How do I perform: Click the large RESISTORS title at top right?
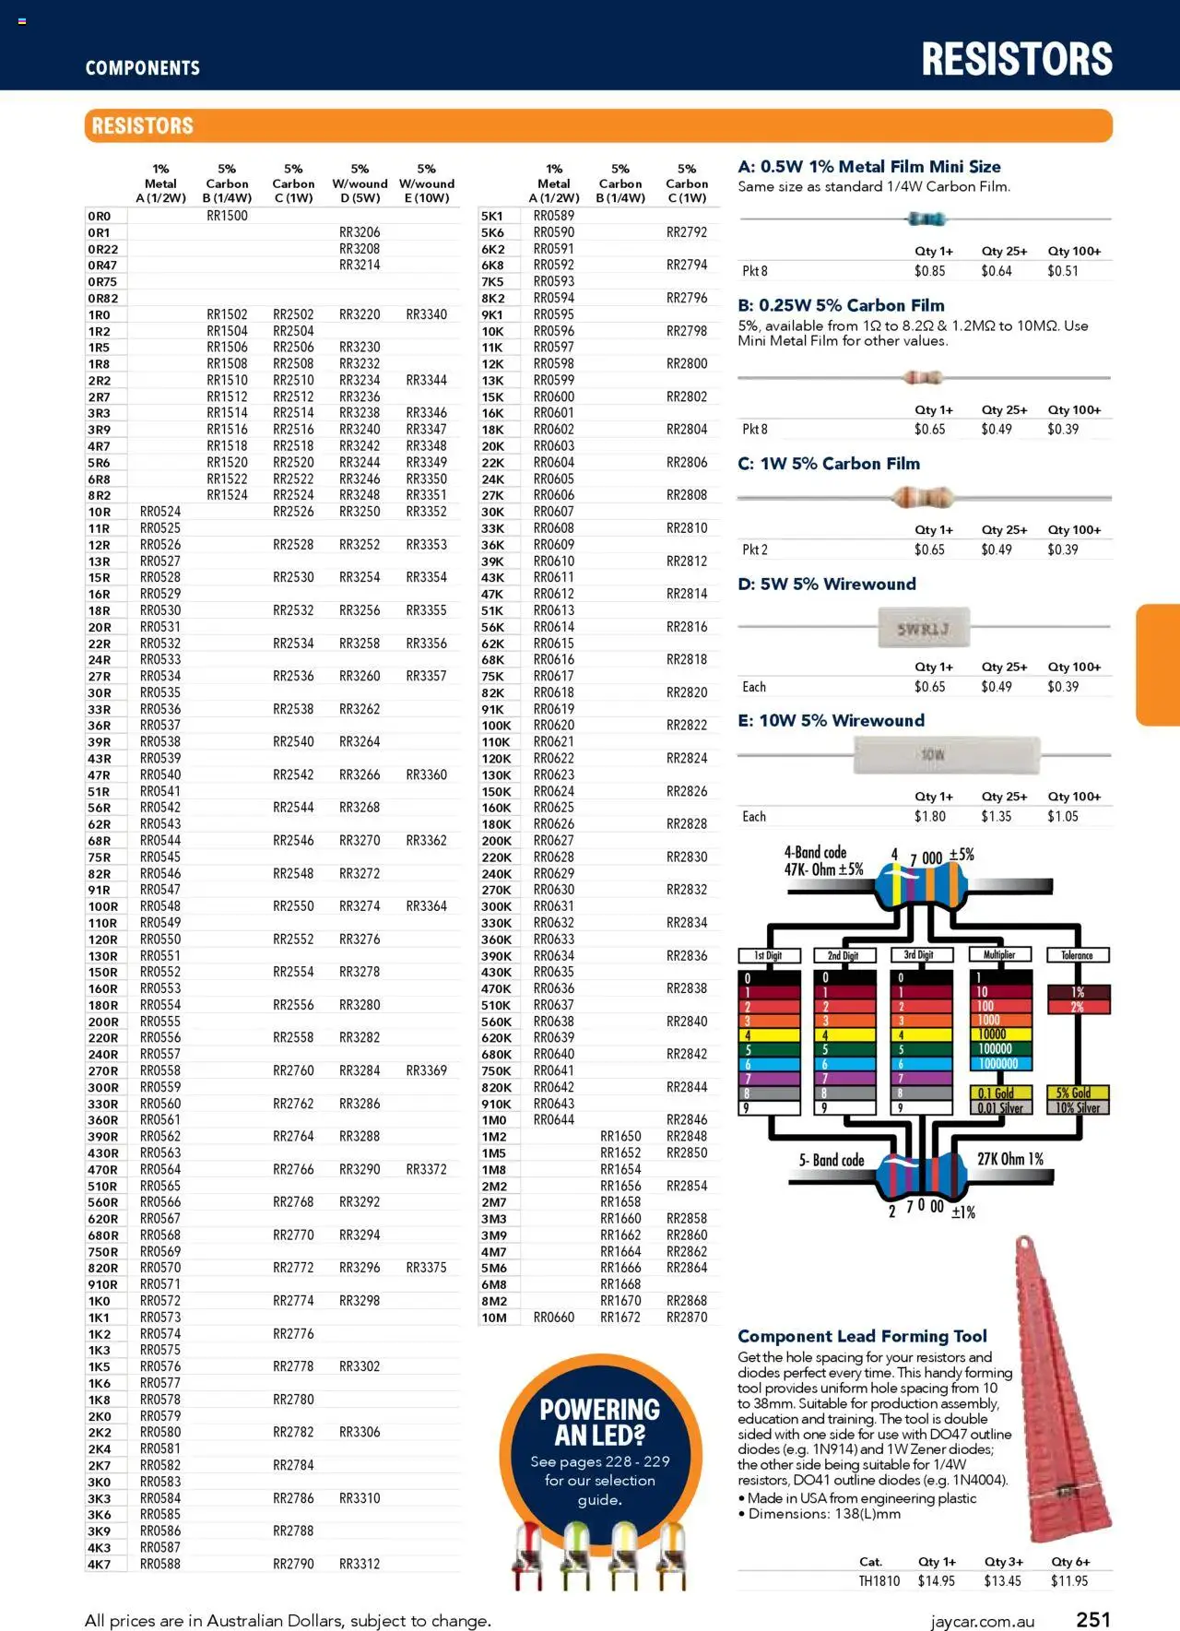click(1017, 59)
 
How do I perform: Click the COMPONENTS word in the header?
click(142, 68)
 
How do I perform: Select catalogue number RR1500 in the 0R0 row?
click(227, 216)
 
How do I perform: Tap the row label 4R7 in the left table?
click(100, 446)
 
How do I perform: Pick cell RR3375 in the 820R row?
click(426, 1268)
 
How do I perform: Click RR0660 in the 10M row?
click(553, 1318)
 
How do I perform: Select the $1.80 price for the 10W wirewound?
click(929, 817)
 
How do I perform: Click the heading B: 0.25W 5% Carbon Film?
click(841, 305)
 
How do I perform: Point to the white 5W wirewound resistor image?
click(923, 629)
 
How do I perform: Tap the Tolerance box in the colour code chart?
click(1077, 955)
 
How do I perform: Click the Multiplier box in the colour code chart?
click(999, 955)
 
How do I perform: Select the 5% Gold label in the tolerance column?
click(1076, 1093)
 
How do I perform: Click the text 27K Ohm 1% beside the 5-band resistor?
click(1009, 1159)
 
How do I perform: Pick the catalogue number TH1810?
click(879, 1580)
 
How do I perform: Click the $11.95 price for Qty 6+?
click(1069, 1580)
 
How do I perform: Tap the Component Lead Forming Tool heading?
click(862, 1336)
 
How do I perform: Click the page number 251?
click(1093, 1619)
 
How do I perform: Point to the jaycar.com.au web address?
click(982, 1622)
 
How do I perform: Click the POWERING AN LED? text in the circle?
click(599, 1422)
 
